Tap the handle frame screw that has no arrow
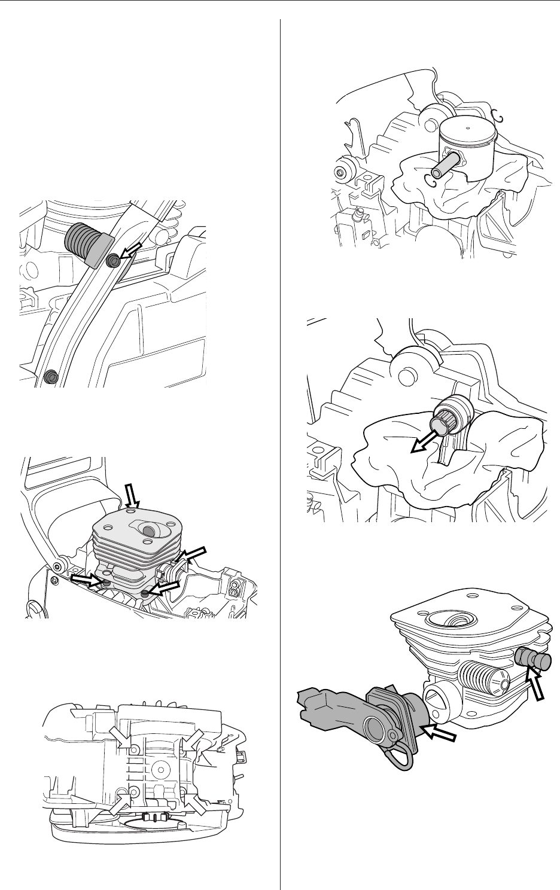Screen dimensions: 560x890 (x=50, y=376)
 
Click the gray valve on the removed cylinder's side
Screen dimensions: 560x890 (x=531, y=659)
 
